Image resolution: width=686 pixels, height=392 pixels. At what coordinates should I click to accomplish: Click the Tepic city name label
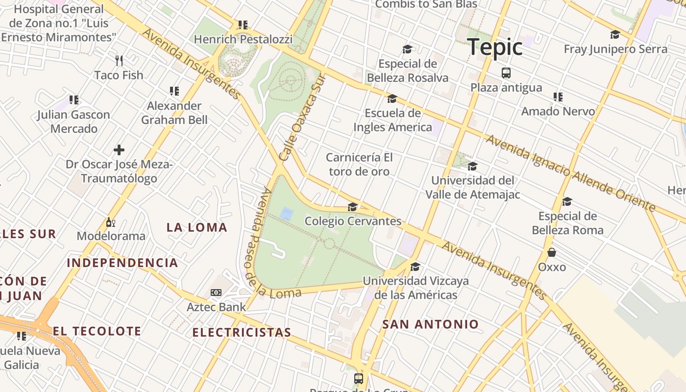(494, 47)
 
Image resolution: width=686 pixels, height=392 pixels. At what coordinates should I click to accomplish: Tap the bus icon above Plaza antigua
(506, 73)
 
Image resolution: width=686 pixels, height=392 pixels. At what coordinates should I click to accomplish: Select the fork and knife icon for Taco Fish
(119, 61)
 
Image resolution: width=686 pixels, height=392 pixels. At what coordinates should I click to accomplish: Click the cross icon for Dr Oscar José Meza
(119, 150)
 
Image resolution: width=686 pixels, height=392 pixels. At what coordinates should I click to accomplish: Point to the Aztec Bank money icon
(216, 293)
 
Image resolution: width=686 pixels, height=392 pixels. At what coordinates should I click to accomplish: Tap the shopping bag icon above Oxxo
(552, 252)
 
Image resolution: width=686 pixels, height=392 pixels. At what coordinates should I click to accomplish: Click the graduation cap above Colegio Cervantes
(353, 207)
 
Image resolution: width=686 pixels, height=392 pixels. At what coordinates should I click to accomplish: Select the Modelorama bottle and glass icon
(111, 222)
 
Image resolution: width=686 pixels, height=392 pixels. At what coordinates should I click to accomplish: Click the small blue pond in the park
(287, 214)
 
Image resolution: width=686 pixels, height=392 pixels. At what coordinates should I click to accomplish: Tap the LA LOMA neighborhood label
(197, 227)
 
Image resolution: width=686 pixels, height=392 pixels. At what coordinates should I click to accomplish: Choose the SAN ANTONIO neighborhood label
(430, 324)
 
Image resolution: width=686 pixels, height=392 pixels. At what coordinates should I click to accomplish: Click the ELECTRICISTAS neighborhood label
(242, 333)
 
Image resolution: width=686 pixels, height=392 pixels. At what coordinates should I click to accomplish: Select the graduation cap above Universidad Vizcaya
(416, 267)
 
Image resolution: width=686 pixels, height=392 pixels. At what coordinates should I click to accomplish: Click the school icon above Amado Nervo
(558, 97)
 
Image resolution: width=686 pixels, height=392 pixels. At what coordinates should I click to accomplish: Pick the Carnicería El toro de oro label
(360, 164)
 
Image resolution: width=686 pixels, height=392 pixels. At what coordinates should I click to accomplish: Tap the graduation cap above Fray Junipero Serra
(615, 34)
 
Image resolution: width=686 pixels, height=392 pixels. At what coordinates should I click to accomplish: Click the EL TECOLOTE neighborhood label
(97, 331)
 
